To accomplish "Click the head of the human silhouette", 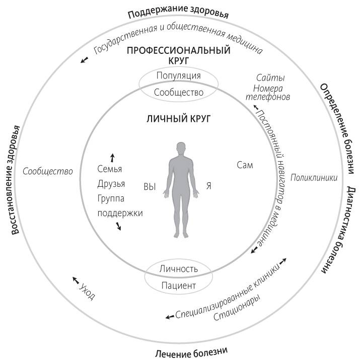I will pos(182,150).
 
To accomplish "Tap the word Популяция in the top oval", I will pos(178,76).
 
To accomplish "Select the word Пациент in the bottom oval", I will pos(178,285).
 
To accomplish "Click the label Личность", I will pos(178,268).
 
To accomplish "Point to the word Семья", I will pos(110,169).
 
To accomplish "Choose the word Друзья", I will pos(111,184).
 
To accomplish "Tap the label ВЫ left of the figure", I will pos(150,186).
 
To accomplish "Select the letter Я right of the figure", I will pos(208,186).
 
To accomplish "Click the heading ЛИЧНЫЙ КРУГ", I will pos(178,119).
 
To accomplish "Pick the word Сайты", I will pos(270,78).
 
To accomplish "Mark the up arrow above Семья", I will pos(112,157).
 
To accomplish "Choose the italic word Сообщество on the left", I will pos(48,171).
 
